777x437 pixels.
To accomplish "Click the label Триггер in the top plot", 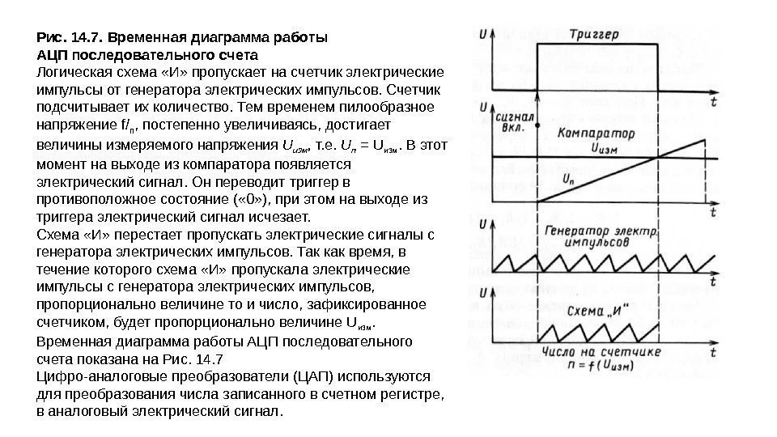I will click(595, 35).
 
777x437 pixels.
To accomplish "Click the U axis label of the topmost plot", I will click(483, 35).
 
